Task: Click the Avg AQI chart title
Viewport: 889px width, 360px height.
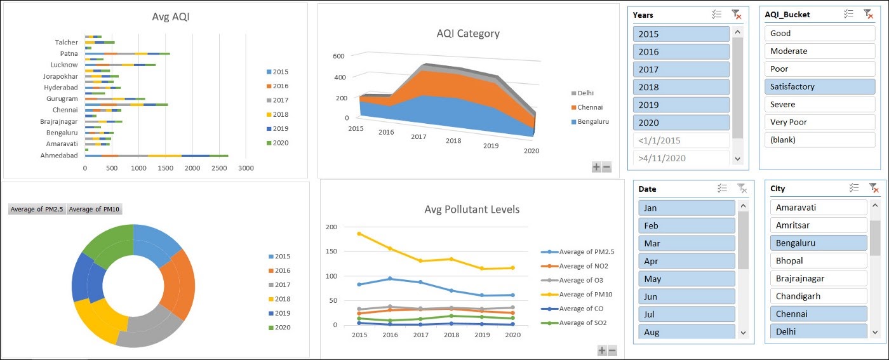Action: click(x=170, y=17)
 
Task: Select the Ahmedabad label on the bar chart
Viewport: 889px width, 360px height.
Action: click(x=59, y=156)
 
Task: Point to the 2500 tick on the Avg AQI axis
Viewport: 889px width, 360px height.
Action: click(x=219, y=168)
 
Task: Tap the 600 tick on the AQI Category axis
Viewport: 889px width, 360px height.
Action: click(x=338, y=56)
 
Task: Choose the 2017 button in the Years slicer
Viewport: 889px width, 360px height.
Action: click(x=681, y=69)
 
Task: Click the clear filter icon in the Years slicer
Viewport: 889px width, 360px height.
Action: click(x=736, y=15)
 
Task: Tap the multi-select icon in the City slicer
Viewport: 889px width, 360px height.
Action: click(x=854, y=188)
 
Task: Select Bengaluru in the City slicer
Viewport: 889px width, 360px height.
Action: click(x=818, y=243)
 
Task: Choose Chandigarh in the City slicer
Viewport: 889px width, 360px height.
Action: click(x=818, y=296)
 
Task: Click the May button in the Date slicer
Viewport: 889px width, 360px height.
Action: click(x=686, y=279)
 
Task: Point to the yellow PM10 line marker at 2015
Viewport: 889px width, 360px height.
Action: click(x=359, y=234)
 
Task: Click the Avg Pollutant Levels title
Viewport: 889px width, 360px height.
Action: click(x=471, y=210)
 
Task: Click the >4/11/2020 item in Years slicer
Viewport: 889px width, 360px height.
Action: click(x=681, y=158)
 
